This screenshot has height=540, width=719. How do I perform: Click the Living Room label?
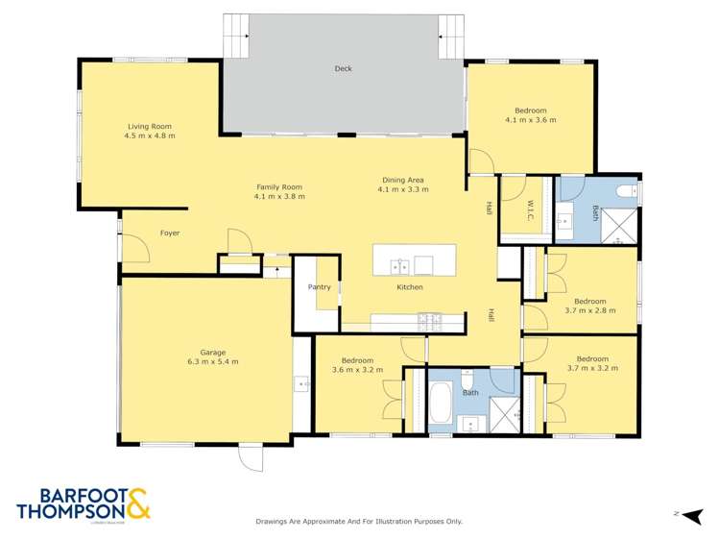pos(149,126)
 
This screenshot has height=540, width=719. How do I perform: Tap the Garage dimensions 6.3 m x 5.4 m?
pos(212,361)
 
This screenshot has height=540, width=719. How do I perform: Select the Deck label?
pos(343,68)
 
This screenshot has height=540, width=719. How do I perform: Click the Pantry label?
pos(319,287)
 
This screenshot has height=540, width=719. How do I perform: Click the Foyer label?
pos(169,233)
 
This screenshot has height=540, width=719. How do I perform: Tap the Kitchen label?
pos(410,287)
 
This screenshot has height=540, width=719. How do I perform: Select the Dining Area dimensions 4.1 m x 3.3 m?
pos(402,189)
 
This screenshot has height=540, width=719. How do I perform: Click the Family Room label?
pos(278,196)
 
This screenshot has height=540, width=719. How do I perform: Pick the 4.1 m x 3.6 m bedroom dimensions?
pos(530,120)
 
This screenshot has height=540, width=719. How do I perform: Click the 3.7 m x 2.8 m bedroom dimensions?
pos(590,310)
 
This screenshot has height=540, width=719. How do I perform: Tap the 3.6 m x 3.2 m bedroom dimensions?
pos(357,369)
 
